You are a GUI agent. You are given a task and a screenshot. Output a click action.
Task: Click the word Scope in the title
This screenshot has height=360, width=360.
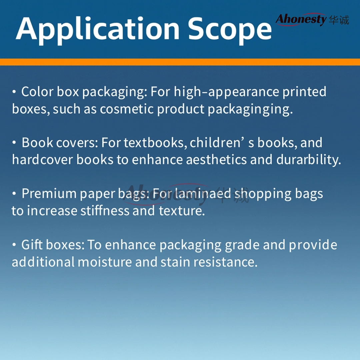point(230,30)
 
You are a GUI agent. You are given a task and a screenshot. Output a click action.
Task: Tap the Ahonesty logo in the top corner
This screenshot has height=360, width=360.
point(312,20)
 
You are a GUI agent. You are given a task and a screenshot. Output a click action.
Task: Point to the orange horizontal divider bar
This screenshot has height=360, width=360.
point(180,62)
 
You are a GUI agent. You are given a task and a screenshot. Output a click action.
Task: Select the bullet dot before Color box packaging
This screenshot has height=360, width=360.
point(14,92)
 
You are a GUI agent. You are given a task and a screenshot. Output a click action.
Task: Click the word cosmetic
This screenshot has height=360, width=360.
point(127,109)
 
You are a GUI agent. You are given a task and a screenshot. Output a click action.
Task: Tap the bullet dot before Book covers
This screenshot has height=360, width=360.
point(14,143)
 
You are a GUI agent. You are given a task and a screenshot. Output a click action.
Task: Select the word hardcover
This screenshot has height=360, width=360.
point(42,160)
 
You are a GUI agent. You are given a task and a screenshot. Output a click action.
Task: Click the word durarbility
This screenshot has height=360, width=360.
point(309,160)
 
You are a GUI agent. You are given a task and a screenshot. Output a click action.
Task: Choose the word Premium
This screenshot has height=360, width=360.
point(49,194)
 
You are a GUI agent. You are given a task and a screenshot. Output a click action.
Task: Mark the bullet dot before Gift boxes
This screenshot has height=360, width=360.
point(14,245)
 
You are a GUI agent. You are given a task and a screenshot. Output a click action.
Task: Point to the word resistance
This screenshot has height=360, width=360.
point(225,262)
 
